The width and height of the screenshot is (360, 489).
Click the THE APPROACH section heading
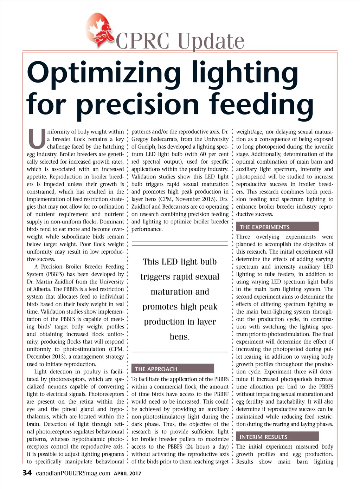coord(156,369)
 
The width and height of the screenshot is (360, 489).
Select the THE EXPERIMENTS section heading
coord(265,227)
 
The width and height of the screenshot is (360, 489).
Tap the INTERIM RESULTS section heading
coord(263,437)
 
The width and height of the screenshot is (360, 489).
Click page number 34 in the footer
coord(27,473)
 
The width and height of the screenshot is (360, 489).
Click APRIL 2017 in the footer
coord(127,474)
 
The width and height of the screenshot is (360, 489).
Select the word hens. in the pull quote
coord(180,337)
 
